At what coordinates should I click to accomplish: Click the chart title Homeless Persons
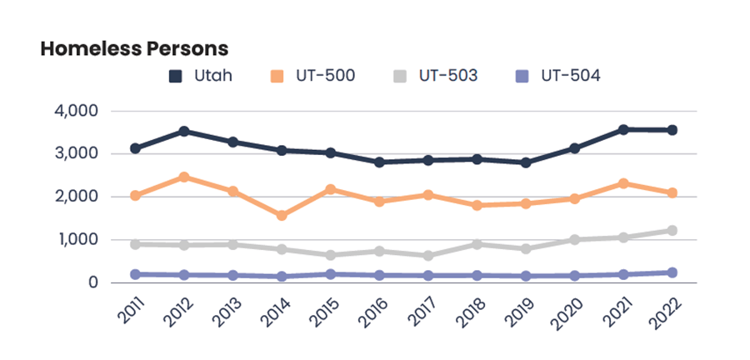(x=134, y=49)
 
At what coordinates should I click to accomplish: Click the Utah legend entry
(x=201, y=76)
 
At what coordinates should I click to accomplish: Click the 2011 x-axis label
(x=127, y=311)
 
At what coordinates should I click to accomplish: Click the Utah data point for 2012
(x=183, y=131)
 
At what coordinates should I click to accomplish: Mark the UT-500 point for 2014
(x=282, y=215)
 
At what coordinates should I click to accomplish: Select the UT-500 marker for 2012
(x=183, y=177)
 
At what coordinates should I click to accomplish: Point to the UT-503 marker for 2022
(x=672, y=230)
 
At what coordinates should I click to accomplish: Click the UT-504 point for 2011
(x=134, y=274)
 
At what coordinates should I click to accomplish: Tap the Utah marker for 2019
(x=525, y=162)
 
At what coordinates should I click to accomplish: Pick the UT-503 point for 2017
(x=427, y=256)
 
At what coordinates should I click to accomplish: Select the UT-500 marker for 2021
(x=622, y=183)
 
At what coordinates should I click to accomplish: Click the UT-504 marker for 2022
(x=672, y=272)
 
